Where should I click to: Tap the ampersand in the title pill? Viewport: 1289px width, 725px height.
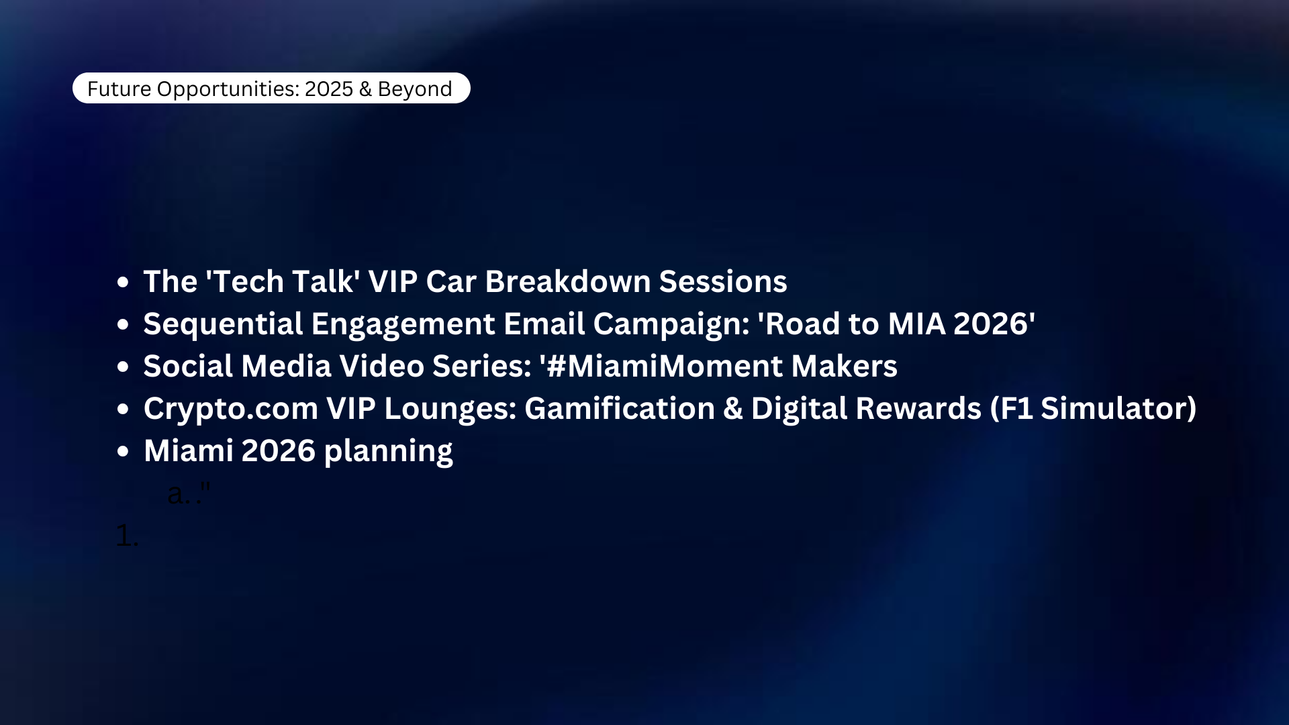pyautogui.click(x=365, y=89)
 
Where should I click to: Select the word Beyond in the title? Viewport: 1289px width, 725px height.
pyautogui.click(x=414, y=89)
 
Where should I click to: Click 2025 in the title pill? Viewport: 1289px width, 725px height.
pyautogui.click(x=329, y=89)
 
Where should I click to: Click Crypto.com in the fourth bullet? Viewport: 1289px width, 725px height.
pyautogui.click(x=230, y=409)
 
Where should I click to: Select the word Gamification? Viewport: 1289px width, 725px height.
pyautogui.click(x=620, y=409)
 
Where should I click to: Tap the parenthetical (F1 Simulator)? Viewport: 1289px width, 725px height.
pyautogui.click(x=1094, y=409)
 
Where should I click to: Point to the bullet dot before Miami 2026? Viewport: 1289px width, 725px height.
pyautogui.click(x=122, y=451)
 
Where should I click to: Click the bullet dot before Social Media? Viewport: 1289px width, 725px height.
pyautogui.click(x=122, y=367)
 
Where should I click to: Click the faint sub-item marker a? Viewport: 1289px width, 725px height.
pyautogui.click(x=177, y=495)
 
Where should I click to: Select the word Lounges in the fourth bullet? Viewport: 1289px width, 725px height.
pyautogui.click(x=450, y=409)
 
